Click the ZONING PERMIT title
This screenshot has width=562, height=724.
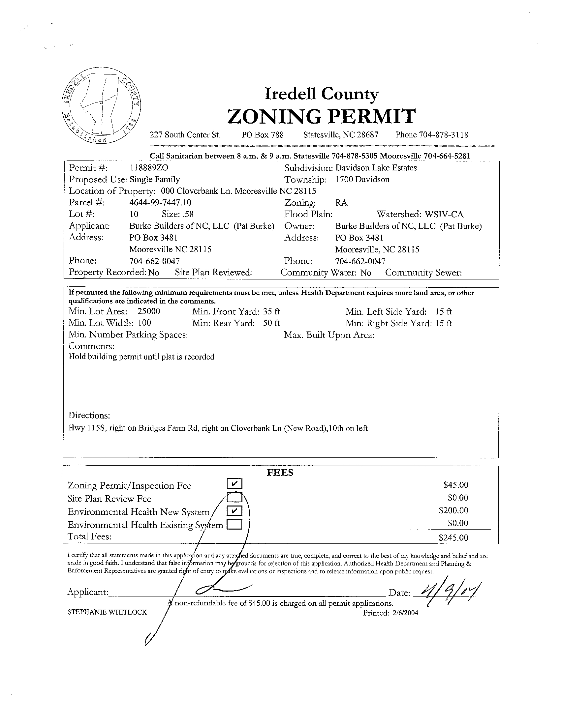tap(321, 116)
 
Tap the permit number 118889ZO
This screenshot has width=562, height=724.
tap(149, 168)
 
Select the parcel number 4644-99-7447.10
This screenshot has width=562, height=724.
tap(160, 203)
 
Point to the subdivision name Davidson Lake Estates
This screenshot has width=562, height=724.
tap(376, 168)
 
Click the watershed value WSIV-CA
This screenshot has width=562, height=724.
tap(444, 214)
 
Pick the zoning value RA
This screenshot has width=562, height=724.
tap(341, 203)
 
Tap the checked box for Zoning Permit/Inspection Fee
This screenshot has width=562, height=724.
tap(235, 484)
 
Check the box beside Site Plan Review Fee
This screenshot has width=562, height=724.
tap(235, 497)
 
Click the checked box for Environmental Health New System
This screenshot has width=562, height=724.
tap(235, 511)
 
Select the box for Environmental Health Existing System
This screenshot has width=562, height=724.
tap(234, 524)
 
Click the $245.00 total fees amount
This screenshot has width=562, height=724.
tap(453, 537)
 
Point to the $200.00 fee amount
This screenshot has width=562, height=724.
tap(453, 510)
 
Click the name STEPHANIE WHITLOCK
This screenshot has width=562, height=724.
tap(107, 612)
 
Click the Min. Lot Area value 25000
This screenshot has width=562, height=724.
tap(149, 311)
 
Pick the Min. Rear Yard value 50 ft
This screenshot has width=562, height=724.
tap(271, 323)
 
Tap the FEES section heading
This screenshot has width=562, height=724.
tap(280, 472)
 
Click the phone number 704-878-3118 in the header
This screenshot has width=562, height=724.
tap(444, 135)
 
